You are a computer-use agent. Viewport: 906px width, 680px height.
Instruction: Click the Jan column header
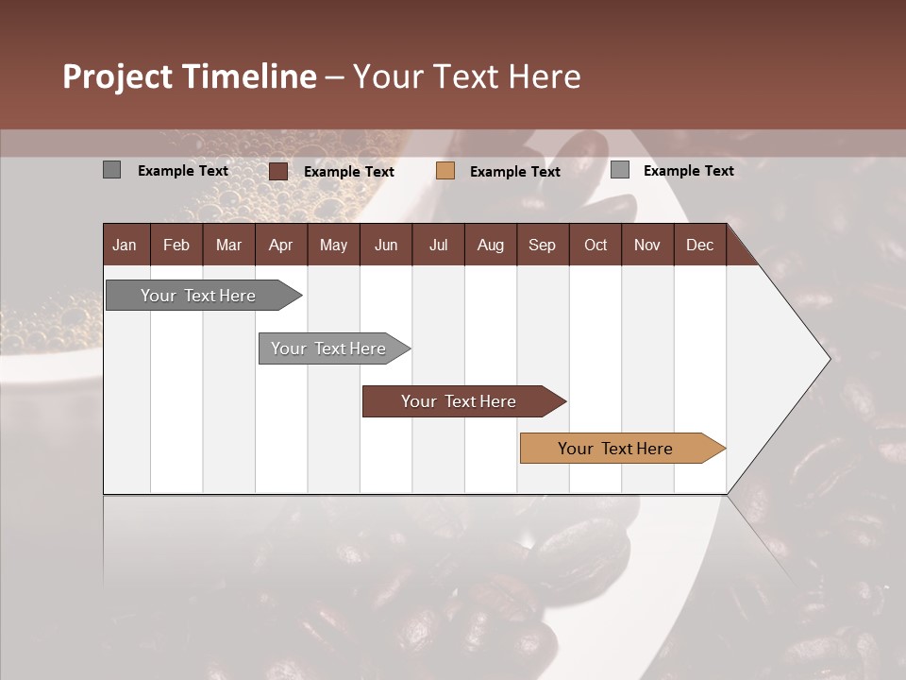pos(125,246)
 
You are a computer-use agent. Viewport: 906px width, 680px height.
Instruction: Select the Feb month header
pos(176,246)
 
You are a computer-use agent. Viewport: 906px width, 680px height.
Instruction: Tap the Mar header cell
pos(228,246)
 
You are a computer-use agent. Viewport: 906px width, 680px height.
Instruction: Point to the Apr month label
pos(280,246)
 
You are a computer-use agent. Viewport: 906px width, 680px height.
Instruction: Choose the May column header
pos(333,246)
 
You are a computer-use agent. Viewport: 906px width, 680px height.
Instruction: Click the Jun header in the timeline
pos(386,246)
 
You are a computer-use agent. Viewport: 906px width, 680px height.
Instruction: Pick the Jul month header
pos(438,246)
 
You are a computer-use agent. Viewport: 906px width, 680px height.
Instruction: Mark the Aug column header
pos(490,246)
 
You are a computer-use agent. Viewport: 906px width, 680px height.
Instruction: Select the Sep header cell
pos(542,246)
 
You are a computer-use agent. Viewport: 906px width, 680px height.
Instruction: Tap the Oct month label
pos(596,246)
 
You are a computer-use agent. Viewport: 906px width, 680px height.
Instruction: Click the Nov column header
pos(647,246)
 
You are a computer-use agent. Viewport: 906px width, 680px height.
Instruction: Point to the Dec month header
pos(699,246)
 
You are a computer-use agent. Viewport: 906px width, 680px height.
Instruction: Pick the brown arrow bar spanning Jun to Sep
pos(460,401)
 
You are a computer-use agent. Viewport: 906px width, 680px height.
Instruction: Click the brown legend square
pos(277,171)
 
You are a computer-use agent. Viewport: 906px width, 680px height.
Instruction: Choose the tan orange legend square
pos(445,171)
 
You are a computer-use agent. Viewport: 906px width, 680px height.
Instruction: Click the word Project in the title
pos(118,76)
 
